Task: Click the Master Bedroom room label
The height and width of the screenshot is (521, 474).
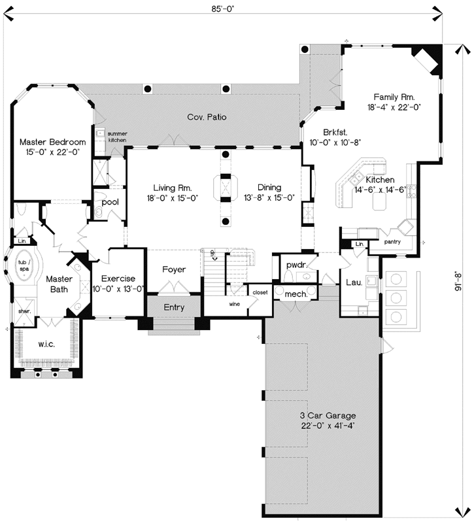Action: (x=52, y=142)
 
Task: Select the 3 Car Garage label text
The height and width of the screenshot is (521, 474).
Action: (x=324, y=416)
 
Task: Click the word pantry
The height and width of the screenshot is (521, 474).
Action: (x=392, y=242)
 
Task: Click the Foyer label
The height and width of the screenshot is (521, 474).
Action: (x=174, y=270)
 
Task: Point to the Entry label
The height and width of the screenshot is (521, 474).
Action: (x=174, y=307)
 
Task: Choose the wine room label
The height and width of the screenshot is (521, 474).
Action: (x=233, y=304)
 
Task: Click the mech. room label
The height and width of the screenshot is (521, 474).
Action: (x=296, y=295)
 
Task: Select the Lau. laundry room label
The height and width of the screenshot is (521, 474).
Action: (x=354, y=282)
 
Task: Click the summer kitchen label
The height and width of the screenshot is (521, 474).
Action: (x=117, y=137)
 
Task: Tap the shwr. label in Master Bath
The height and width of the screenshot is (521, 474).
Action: (x=25, y=311)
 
